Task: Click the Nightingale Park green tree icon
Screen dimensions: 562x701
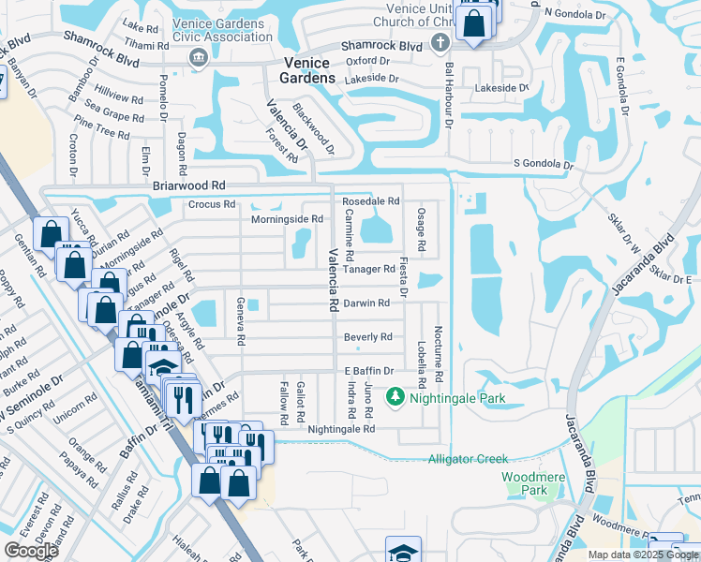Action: click(x=395, y=398)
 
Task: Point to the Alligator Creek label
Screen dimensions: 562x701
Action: click(x=468, y=459)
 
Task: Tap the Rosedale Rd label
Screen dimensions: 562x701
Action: click(x=370, y=201)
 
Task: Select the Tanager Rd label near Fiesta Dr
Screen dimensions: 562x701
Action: click(x=368, y=269)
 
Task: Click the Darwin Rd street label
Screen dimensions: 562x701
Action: click(x=366, y=303)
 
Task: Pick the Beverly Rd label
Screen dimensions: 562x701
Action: click(x=367, y=337)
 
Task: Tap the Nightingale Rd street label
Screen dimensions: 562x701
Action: click(x=341, y=429)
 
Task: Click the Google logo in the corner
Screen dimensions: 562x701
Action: click(x=31, y=550)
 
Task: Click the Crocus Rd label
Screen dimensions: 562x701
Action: click(x=203, y=204)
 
